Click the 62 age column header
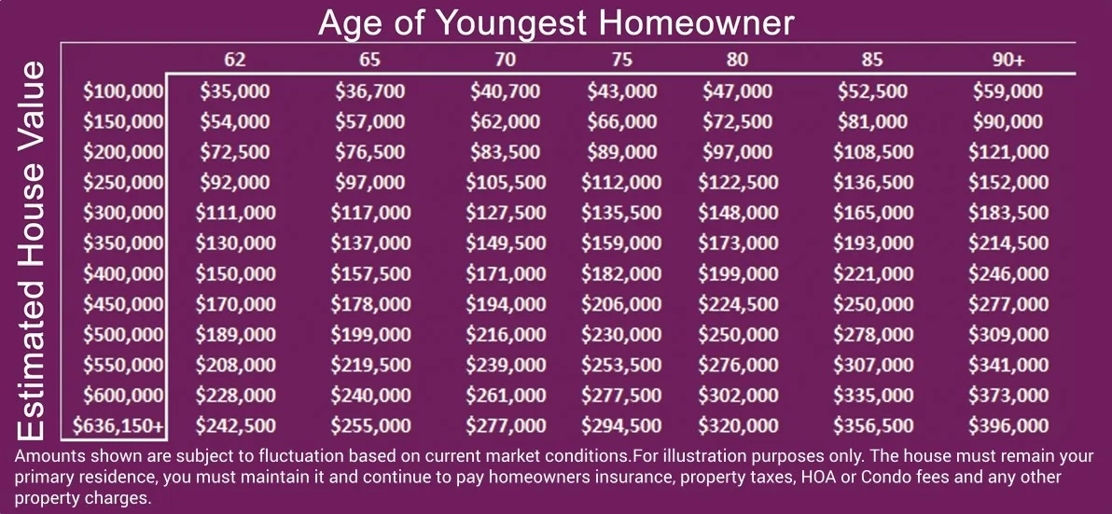[x=235, y=60]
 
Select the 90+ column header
[x=1008, y=60]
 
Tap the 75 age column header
[x=621, y=60]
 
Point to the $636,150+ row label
[x=118, y=425]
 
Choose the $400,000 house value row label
[x=123, y=273]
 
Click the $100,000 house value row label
[x=123, y=90]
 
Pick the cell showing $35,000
[x=235, y=90]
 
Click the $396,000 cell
[x=1008, y=425]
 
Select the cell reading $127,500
[x=506, y=212]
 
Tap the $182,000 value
[x=621, y=273]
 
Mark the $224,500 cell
[x=738, y=303]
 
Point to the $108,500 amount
[x=873, y=152]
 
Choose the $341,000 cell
[x=1008, y=365]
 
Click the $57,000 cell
[x=370, y=121]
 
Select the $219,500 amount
[x=370, y=365]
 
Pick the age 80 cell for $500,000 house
[x=738, y=334]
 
